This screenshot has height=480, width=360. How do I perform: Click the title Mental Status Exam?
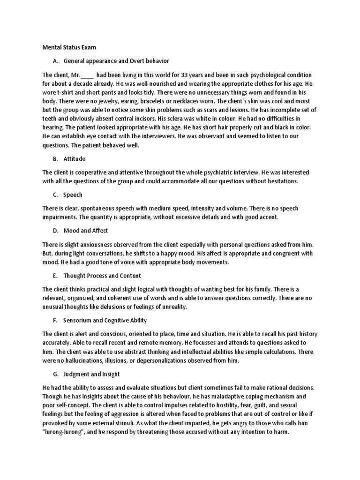click(69, 47)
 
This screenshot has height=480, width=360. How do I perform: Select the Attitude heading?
click(75, 159)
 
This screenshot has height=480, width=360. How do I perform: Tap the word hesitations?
click(279, 181)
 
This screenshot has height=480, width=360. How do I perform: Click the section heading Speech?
click(73, 195)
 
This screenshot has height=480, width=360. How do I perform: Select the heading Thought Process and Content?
click(102, 276)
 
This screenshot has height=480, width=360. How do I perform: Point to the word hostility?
click(223, 404)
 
